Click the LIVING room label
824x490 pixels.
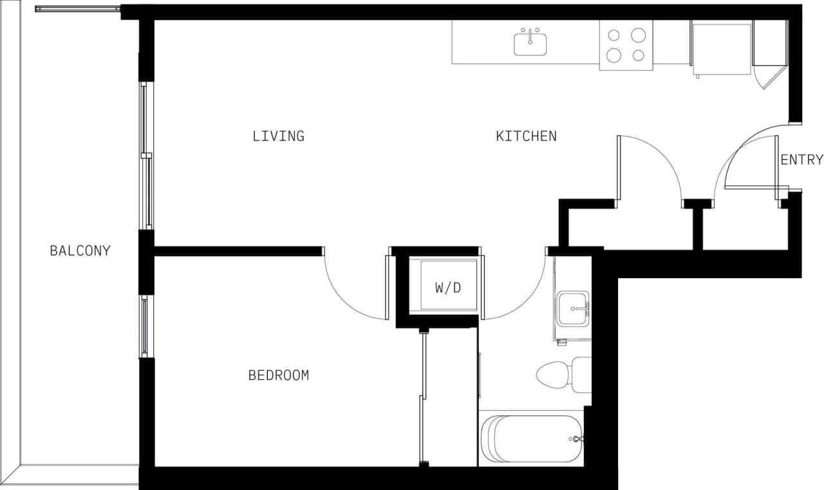pos(278,137)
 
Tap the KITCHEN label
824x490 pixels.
pos(526,137)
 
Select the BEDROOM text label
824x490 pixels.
pos(278,375)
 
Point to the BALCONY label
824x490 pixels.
pos(80,250)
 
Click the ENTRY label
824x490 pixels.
pos(801,160)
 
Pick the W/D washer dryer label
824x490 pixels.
pos(448,288)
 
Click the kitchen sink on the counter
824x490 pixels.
pos(530,44)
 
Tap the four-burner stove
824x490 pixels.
pos(626,45)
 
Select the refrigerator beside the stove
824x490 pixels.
pos(721,45)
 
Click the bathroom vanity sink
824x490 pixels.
pos(572,308)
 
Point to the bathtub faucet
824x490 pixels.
pos(576,439)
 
